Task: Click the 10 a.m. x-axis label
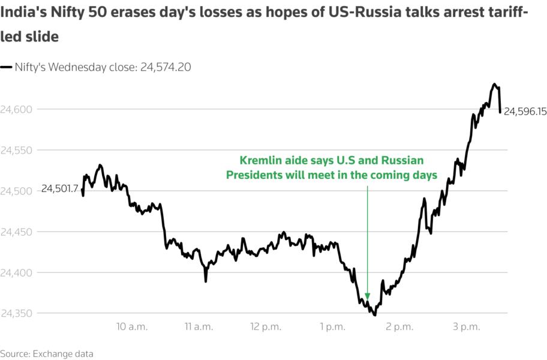pyautogui.click(x=132, y=327)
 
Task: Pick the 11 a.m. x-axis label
pyautogui.click(x=199, y=327)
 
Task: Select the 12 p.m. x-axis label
pyautogui.click(x=266, y=327)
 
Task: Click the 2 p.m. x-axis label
pyautogui.click(x=400, y=327)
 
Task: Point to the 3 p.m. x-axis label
pyautogui.click(x=467, y=327)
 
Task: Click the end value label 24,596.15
pyautogui.click(x=525, y=112)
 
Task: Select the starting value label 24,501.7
pyautogui.click(x=59, y=189)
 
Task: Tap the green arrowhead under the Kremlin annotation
pyautogui.click(x=367, y=296)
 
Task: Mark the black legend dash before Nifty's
pyautogui.click(x=6, y=68)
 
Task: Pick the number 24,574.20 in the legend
pyautogui.click(x=166, y=67)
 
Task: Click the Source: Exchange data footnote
pyautogui.click(x=47, y=353)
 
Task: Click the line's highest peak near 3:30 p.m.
pyautogui.click(x=495, y=84)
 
